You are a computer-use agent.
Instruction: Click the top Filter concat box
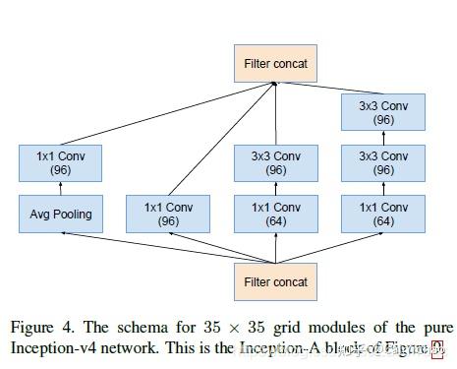click(x=275, y=64)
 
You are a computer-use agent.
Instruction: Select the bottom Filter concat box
click(x=275, y=281)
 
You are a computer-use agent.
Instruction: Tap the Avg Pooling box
click(x=60, y=214)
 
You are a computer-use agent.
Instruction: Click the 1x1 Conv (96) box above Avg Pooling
click(x=60, y=162)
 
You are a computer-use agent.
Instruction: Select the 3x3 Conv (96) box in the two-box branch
click(x=275, y=162)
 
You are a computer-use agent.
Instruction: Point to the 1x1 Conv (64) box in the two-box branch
click(x=275, y=214)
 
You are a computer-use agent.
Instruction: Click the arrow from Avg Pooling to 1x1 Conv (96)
click(x=60, y=188)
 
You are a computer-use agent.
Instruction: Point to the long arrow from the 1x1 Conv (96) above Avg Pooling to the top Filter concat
click(x=167, y=113)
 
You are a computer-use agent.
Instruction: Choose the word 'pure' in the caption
click(x=435, y=327)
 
